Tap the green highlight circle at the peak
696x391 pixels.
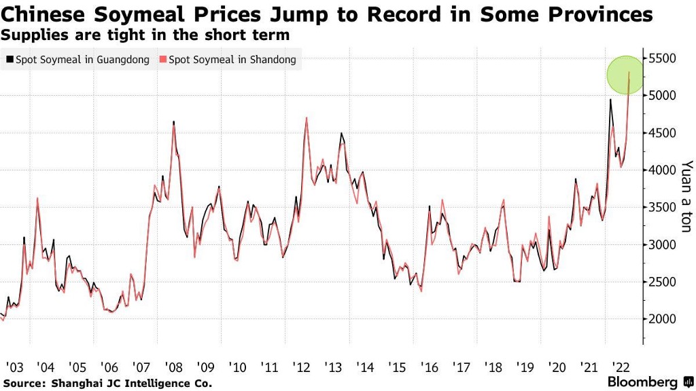[x=629, y=75]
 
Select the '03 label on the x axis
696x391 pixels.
[x=14, y=367]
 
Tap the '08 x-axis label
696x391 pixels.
[x=174, y=367]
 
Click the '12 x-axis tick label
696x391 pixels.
[x=302, y=367]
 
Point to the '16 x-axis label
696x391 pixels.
[x=430, y=367]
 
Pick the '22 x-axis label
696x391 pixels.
[x=621, y=367]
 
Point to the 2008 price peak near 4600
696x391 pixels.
[x=174, y=123]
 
